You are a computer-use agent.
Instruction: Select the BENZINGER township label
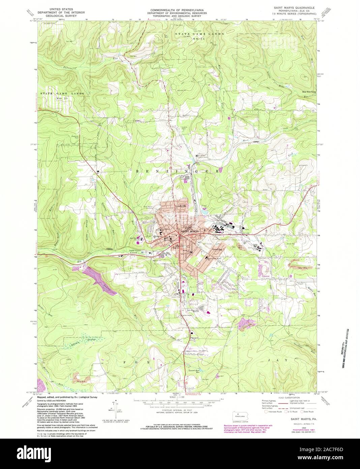pyautogui.click(x=177, y=171)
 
